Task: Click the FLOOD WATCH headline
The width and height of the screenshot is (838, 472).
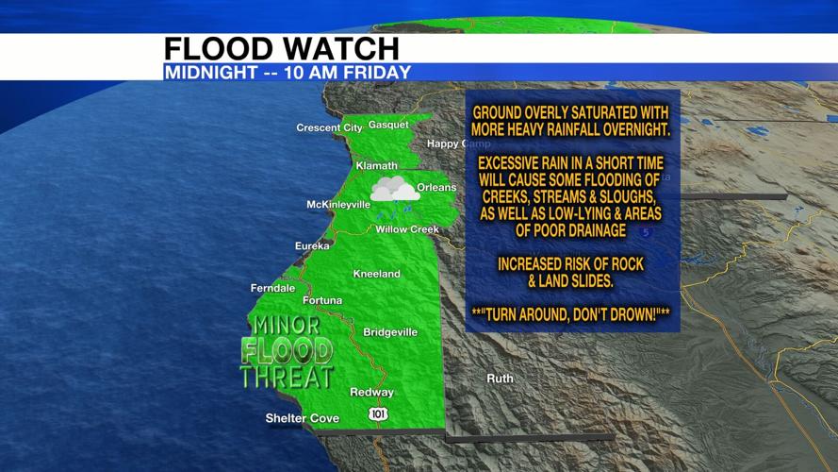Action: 281,49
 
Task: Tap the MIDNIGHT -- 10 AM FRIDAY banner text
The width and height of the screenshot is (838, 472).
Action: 288,72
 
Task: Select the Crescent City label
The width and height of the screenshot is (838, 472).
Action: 329,127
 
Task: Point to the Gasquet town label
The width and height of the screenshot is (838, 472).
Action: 388,125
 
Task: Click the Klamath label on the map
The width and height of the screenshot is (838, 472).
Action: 377,166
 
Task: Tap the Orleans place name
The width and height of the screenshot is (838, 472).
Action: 436,187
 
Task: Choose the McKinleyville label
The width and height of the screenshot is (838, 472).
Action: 338,205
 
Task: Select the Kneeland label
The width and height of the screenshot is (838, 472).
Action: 376,274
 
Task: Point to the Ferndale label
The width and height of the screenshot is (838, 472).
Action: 272,288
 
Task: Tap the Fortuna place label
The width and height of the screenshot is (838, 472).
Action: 322,300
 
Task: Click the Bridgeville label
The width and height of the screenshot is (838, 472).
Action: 389,332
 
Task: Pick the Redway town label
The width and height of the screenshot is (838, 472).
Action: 370,392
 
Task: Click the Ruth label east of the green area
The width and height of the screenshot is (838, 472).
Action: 500,379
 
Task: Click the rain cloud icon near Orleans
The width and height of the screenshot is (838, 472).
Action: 394,189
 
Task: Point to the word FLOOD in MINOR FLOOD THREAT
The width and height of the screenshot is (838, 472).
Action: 287,351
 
